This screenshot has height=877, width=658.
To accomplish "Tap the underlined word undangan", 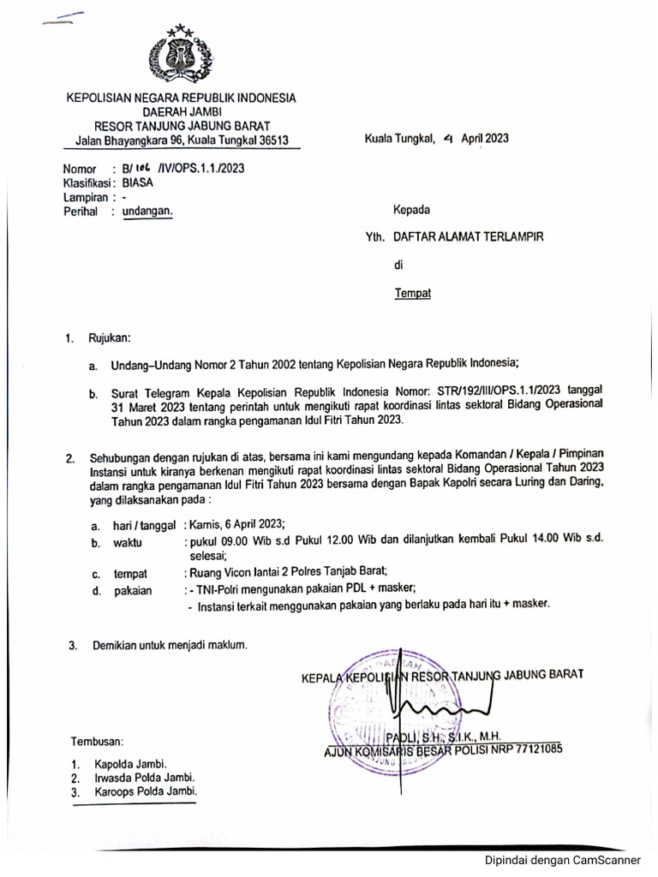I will coord(147,212).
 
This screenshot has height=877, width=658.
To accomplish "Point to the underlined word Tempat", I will coord(412,293).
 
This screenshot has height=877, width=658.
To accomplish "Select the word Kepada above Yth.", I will coord(411,209).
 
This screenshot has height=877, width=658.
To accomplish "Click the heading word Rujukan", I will coord(109,339).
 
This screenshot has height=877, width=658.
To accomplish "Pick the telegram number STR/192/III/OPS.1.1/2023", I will coord(488,387).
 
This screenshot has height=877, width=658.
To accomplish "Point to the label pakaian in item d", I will coord(133,590).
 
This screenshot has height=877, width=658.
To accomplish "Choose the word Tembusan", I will coord(97,740).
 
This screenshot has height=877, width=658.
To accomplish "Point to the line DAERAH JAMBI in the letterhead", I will coord(181,112).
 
